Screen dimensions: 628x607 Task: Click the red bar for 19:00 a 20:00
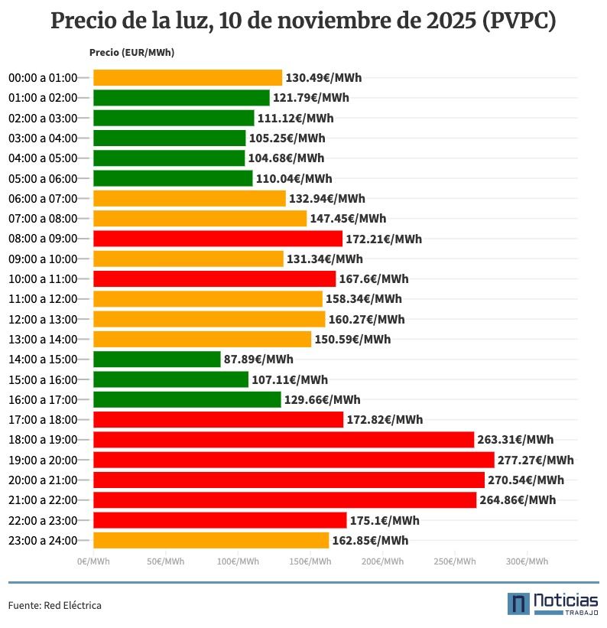(294, 460)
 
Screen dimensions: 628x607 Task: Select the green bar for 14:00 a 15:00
(157, 359)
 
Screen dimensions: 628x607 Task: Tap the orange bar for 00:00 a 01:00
(187, 77)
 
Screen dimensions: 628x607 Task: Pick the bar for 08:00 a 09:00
(218, 239)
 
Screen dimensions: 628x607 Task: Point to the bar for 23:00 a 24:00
(211, 540)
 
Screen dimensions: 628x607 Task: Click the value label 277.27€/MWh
(535, 460)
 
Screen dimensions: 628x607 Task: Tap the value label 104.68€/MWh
(286, 158)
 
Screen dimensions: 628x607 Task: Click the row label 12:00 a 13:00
(43, 319)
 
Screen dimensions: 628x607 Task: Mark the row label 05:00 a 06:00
(43, 178)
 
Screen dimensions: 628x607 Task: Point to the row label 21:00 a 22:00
(43, 500)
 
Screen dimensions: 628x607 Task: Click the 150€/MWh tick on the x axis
(310, 561)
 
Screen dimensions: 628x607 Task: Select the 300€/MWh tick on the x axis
(527, 561)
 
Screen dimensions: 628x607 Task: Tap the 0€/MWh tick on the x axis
(93, 561)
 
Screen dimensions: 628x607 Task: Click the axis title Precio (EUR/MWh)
(131, 53)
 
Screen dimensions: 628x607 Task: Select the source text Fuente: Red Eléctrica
(55, 605)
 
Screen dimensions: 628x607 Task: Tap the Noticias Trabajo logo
(553, 603)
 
